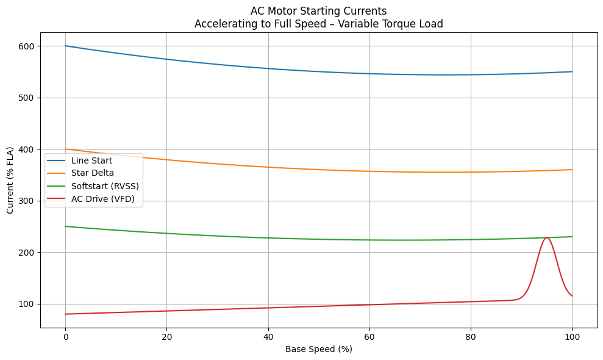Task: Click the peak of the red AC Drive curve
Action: [x=547, y=237]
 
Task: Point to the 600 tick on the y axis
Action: [x=27, y=46]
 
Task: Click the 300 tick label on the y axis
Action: [x=27, y=201]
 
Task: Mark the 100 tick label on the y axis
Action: [x=27, y=304]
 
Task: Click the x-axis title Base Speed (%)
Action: [x=318, y=350]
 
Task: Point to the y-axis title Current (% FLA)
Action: [x=10, y=180]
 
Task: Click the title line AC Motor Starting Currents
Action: [x=318, y=11]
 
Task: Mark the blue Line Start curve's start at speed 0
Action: [x=65, y=46]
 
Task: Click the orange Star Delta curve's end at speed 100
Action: [x=572, y=170]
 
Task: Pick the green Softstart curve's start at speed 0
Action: [x=65, y=226]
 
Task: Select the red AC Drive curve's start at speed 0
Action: [x=65, y=314]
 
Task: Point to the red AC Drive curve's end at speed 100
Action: [x=572, y=296]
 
